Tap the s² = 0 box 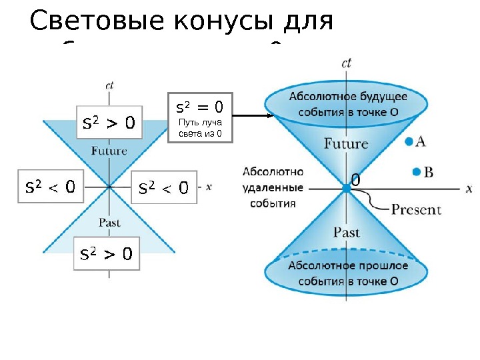[199, 118]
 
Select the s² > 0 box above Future [109, 122]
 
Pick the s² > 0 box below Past [106, 253]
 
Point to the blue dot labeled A [409, 141]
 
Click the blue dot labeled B [416, 172]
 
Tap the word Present [416, 209]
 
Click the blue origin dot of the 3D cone [346, 189]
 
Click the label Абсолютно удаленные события [273, 187]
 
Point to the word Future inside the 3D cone [345, 143]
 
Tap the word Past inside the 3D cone [346, 232]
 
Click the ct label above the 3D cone [346, 63]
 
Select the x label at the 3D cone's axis [469, 189]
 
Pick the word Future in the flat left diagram [109, 151]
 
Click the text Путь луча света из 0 [200, 129]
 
